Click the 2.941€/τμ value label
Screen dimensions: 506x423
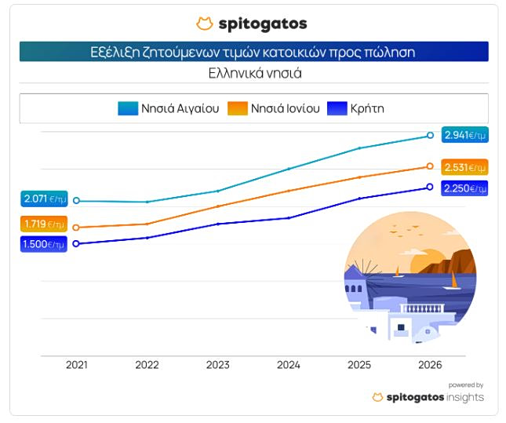(465, 135)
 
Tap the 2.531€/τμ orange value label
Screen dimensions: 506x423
(464, 167)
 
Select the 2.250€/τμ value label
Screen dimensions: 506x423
(464, 188)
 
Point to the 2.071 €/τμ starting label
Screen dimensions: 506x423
(45, 199)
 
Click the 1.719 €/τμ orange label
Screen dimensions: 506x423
(44, 224)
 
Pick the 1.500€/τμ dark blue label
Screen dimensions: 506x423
(44, 244)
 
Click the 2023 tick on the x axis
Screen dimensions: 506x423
(218, 365)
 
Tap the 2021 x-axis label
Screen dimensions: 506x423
(77, 365)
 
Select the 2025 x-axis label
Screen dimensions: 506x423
(359, 365)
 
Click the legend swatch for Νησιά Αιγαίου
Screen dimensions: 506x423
(128, 108)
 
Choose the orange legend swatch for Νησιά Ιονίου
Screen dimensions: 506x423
(238, 108)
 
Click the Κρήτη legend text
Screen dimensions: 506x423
(367, 108)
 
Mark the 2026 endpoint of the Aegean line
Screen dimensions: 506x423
(430, 135)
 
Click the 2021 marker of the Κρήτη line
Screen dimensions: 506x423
(76, 244)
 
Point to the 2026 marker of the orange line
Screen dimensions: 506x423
(430, 166)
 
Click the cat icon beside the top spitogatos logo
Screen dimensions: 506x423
(205, 24)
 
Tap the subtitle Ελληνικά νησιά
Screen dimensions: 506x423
(255, 73)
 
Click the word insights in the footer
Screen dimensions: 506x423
(465, 397)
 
